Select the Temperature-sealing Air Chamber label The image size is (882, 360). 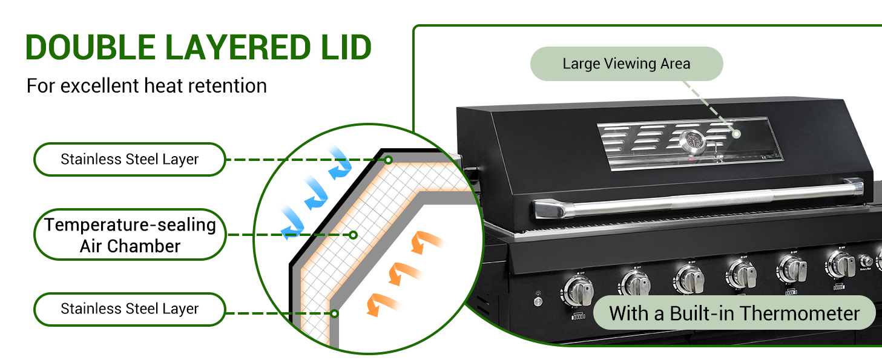[130, 235]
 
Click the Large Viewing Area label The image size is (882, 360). [627, 64]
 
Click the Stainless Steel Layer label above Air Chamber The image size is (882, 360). [130, 160]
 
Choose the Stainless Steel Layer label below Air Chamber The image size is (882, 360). [130, 309]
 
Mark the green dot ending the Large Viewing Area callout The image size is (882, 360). [736, 134]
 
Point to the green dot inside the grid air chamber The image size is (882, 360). [354, 235]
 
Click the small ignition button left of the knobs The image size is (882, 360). [537, 301]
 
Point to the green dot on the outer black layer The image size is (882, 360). [389, 160]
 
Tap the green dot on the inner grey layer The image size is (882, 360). [334, 313]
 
